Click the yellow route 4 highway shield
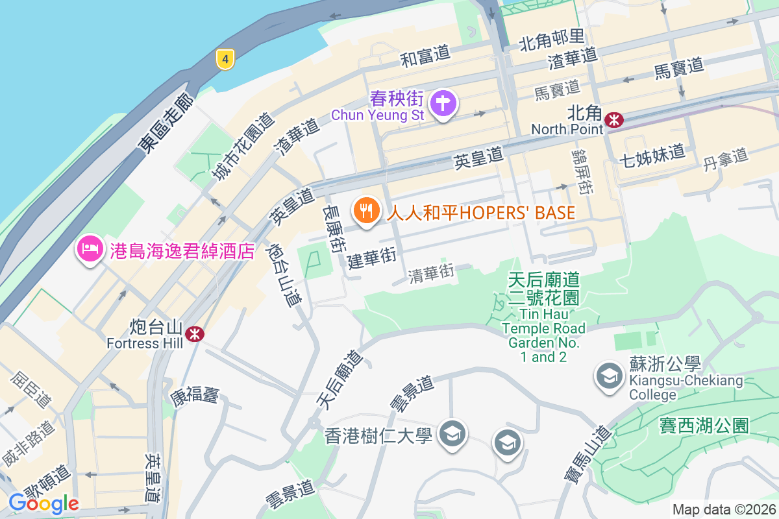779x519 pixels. point(225,60)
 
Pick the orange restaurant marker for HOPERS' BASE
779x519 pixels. point(367,211)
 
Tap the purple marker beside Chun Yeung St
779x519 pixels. point(443,103)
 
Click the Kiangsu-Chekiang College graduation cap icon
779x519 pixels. point(609,375)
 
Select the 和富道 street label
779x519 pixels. point(425,56)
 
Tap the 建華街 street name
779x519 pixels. point(371,258)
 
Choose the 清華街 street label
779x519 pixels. point(431,274)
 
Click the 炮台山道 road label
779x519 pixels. point(285,275)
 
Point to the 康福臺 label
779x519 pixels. point(195,394)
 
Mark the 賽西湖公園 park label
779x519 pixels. point(704,426)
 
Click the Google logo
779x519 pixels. point(43,503)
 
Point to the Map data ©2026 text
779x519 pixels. point(724,509)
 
